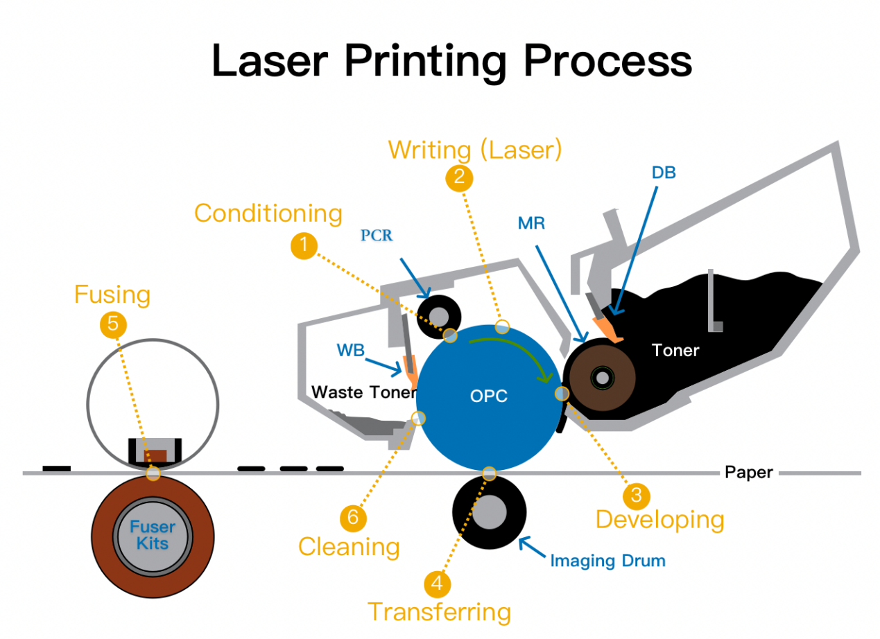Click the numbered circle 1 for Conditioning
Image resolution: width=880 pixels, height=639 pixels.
point(304,245)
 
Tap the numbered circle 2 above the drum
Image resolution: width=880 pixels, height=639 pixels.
point(459,177)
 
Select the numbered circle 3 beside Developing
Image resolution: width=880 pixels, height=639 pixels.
point(635,495)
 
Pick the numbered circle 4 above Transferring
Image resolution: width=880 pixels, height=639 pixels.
point(437,583)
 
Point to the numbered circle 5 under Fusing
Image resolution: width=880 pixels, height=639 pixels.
point(113,324)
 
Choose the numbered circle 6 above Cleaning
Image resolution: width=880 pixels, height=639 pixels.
point(353,517)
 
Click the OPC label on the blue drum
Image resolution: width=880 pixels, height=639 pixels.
point(488,396)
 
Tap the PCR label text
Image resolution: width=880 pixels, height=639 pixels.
point(377,236)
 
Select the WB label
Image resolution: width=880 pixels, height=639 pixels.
point(352,350)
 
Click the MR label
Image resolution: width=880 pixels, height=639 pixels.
point(532,223)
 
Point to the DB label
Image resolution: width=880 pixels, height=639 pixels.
point(664,173)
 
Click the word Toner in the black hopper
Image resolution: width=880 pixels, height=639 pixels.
point(675,351)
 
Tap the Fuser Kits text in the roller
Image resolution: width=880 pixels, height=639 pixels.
point(153,535)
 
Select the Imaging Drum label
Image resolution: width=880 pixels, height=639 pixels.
point(607,561)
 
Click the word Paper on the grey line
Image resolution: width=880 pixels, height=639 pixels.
point(748,473)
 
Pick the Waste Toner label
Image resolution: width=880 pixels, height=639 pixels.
point(364,392)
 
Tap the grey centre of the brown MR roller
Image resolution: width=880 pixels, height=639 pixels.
point(603,378)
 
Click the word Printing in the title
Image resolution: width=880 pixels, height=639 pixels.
point(425,60)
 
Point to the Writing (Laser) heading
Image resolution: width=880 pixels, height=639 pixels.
point(474,149)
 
